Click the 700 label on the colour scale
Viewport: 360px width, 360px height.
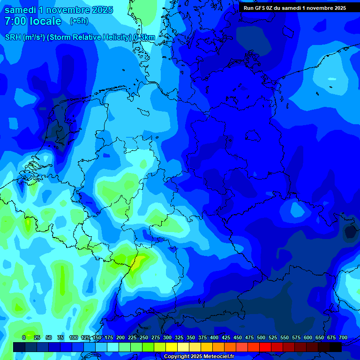pos(343,337)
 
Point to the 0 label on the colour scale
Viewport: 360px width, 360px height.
pos(24,337)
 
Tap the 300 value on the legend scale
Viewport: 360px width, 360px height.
pos(167,337)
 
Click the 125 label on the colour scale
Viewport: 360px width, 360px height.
pos(85,337)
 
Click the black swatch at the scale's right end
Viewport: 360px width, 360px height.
pos(336,347)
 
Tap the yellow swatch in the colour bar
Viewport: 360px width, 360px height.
pos(172,347)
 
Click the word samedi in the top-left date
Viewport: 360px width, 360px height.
pos(20,10)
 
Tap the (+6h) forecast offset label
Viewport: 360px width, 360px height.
pos(79,21)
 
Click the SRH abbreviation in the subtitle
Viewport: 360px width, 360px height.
pos(13,37)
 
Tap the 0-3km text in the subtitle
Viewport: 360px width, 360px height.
pos(144,37)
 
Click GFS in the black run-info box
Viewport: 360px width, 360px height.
pos(260,8)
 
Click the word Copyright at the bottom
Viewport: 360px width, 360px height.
pos(176,357)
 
